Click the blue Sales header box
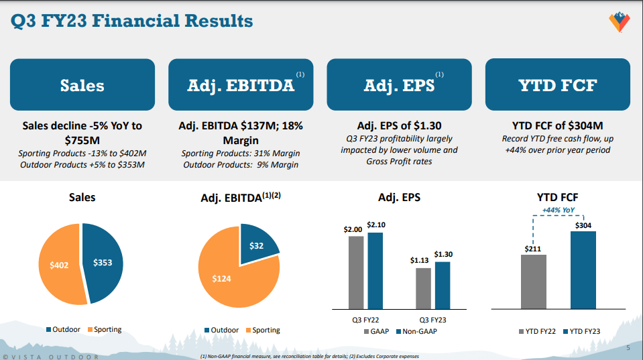(x=82, y=85)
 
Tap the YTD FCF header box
(x=557, y=85)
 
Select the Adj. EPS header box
(x=399, y=85)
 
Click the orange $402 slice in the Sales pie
(x=59, y=265)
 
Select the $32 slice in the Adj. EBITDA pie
(x=256, y=246)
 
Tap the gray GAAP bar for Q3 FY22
(x=356, y=272)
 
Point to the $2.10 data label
(x=375, y=225)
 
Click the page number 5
(x=628, y=348)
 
